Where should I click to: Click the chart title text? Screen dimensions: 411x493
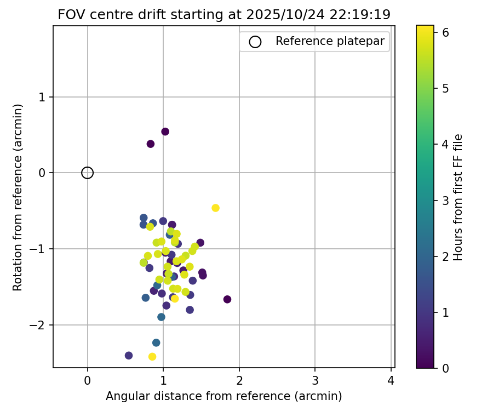click(224, 15)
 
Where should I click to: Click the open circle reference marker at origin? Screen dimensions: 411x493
click(88, 173)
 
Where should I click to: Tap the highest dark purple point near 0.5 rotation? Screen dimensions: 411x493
click(165, 132)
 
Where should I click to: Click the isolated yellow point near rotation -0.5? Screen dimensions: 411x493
click(215, 208)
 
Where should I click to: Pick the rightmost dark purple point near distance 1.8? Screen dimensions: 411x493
click(227, 299)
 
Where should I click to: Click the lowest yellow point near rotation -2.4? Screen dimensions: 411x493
click(152, 357)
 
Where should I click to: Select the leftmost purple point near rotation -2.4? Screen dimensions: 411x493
click(129, 356)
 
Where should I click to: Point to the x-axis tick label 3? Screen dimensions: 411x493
click(315, 379)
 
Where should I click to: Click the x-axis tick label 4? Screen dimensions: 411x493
click(391, 379)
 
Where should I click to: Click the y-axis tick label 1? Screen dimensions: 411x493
click(43, 97)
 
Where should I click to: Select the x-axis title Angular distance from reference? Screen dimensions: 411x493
click(223, 396)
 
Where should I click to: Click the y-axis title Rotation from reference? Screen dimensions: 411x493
click(18, 197)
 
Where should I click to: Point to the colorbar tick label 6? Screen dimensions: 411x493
click(446, 33)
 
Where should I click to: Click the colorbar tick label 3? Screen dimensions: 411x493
click(446, 201)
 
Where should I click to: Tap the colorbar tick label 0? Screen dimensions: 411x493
click(446, 368)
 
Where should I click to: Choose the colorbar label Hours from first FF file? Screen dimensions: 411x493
click(458, 197)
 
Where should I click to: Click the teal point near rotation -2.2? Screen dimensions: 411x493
click(156, 342)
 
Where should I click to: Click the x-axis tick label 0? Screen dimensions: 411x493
click(88, 379)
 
